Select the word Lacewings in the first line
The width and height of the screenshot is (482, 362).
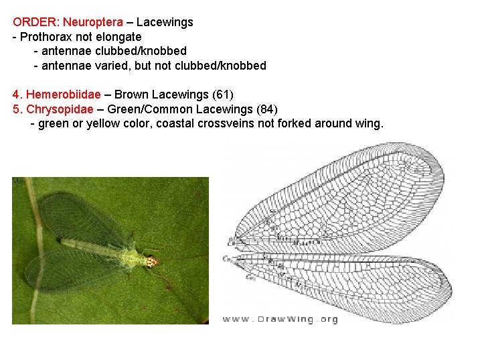click(x=165, y=22)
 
